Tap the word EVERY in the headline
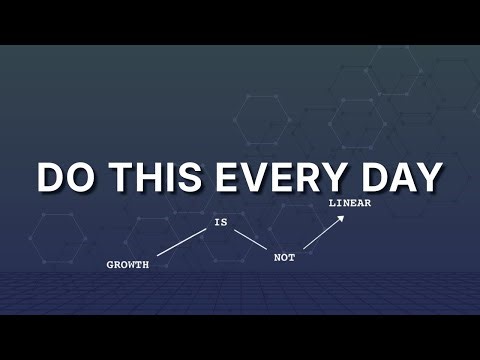tap(273, 177)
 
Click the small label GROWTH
tap(128, 265)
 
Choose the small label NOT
tap(285, 258)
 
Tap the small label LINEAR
tap(350, 204)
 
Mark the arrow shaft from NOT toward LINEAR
tap(322, 234)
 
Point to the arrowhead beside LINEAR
tap(341, 218)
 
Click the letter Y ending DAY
tap(427, 177)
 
